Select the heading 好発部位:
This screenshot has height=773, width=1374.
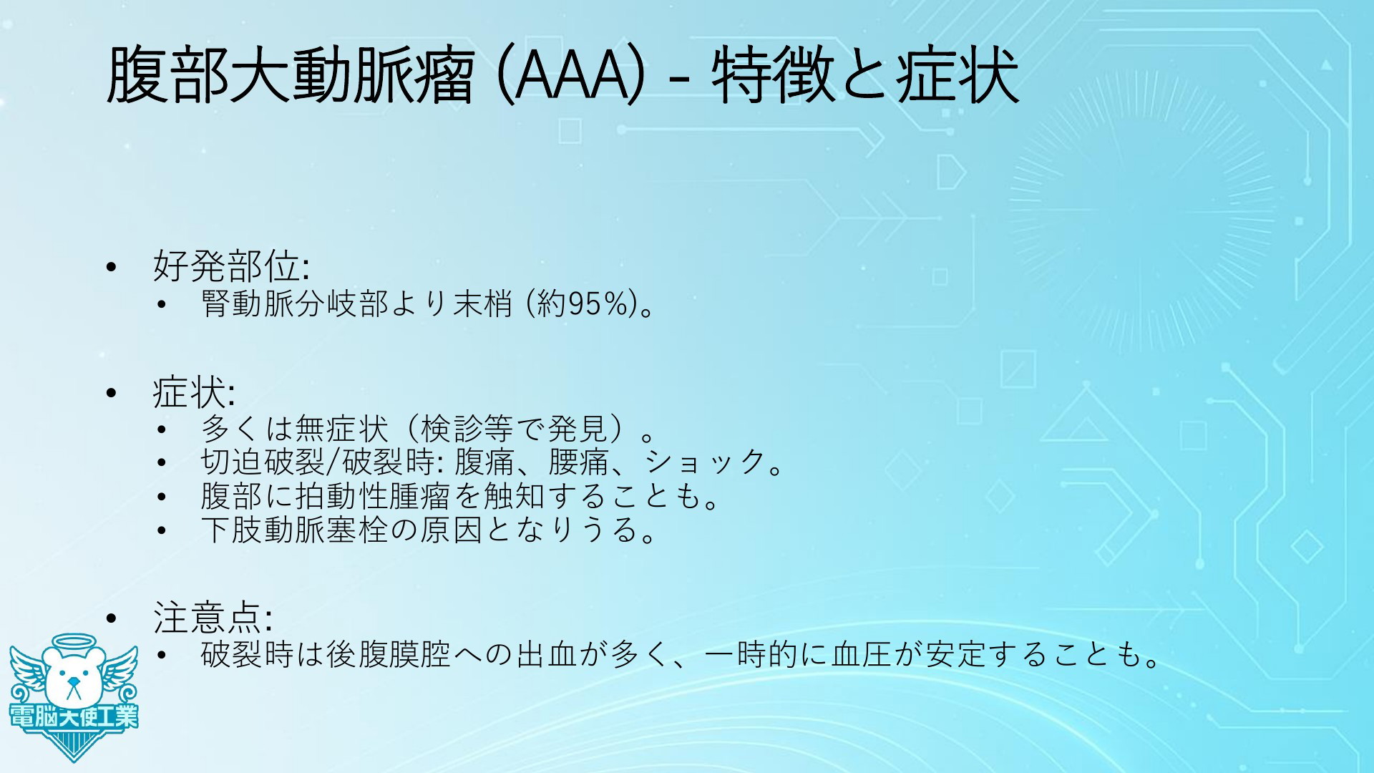click(231, 266)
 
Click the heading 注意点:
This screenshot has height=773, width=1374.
click(213, 618)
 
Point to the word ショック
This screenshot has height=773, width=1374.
click(706, 462)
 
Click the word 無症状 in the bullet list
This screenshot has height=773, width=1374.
click(341, 429)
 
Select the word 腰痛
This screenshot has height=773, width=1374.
click(578, 462)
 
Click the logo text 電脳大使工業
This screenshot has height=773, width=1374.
click(74, 716)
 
